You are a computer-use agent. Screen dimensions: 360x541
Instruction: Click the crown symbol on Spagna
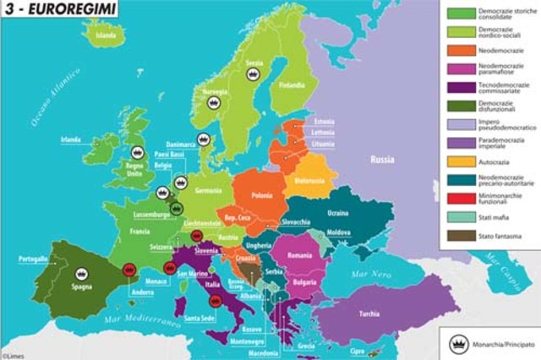point(82,273)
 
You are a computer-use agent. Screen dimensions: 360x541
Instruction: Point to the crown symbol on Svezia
point(252,74)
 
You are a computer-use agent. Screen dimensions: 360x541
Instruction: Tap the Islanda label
point(106,36)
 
